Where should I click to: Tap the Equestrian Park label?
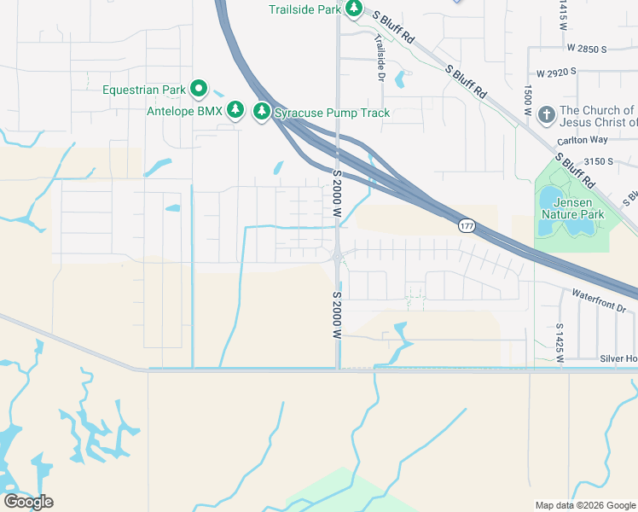click(144, 89)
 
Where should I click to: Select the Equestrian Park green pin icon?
click(199, 88)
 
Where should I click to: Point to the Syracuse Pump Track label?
click(332, 113)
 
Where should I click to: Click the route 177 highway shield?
click(466, 225)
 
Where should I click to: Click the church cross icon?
click(546, 112)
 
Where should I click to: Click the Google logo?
click(28, 501)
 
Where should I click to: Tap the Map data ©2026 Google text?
click(586, 505)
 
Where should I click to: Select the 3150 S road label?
click(598, 161)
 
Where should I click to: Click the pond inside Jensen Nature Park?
click(550, 201)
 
